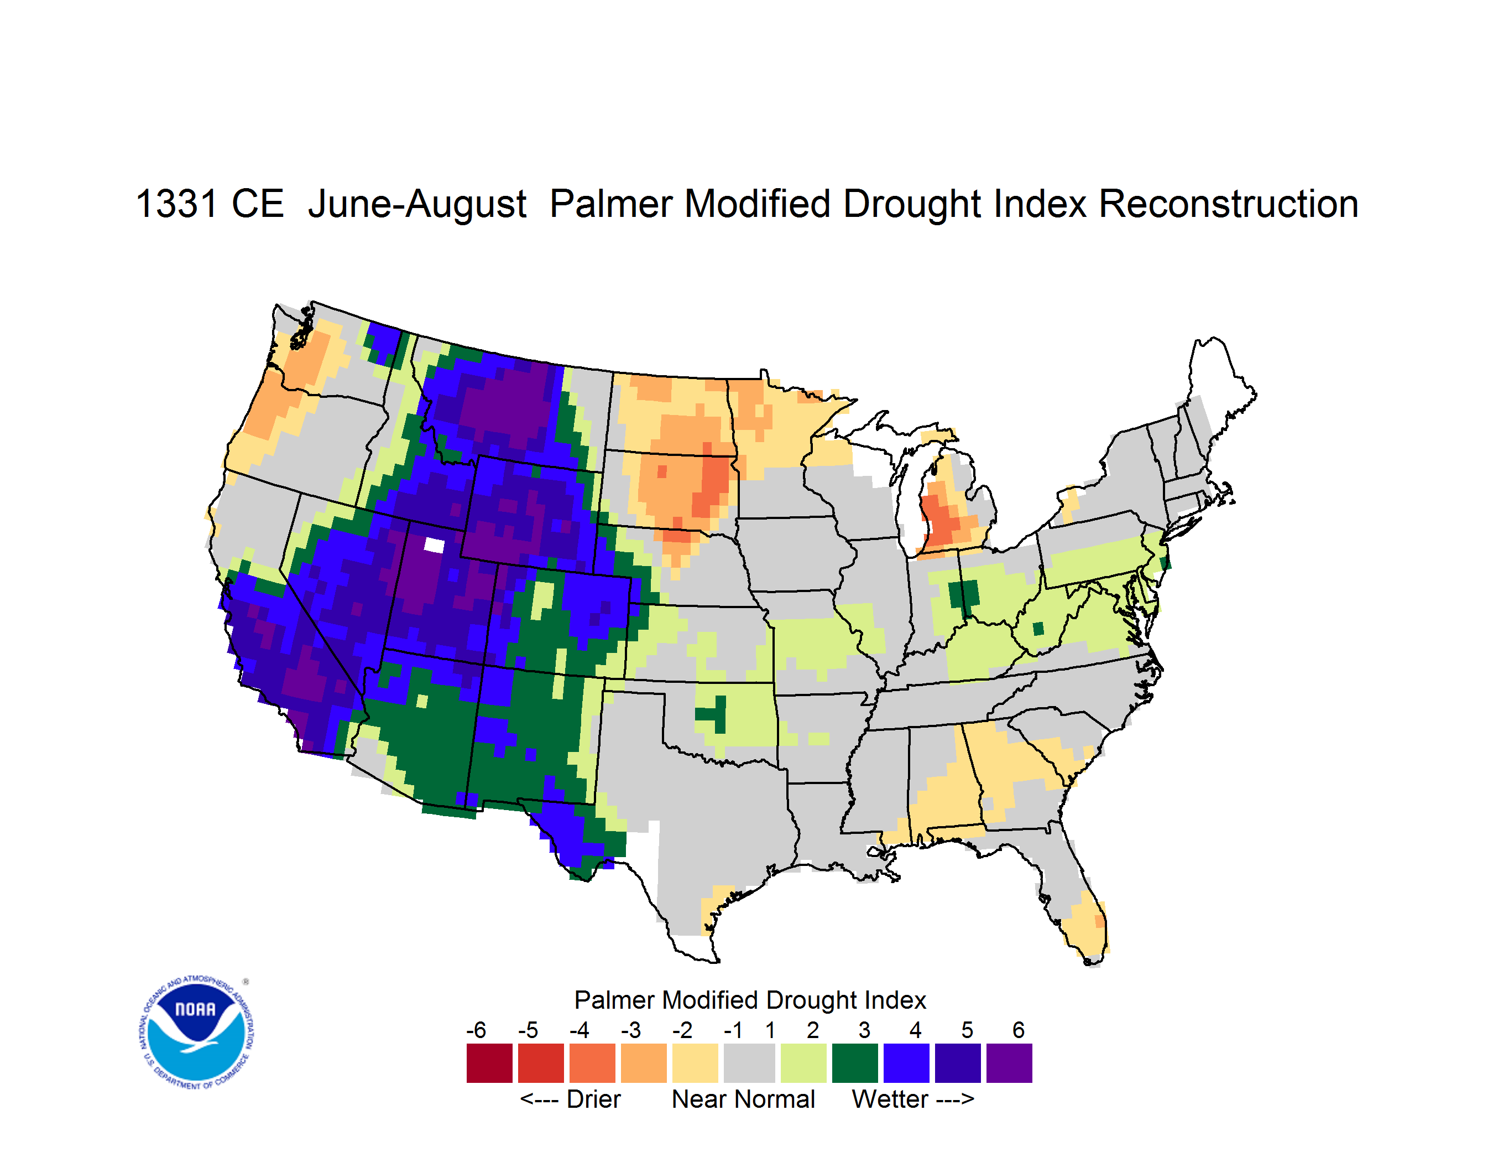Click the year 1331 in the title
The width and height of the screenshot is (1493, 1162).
point(176,204)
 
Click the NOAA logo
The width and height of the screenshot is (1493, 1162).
point(196,1033)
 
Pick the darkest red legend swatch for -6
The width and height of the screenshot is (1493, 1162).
point(489,1063)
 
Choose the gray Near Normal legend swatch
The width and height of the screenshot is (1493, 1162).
point(749,1063)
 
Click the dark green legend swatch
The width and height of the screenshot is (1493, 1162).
point(854,1063)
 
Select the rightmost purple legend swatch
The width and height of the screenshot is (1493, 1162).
point(1009,1063)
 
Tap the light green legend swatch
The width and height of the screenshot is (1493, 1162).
point(803,1063)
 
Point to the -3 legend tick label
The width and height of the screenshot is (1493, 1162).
point(631,1030)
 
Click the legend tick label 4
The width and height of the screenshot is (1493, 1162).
point(915,1030)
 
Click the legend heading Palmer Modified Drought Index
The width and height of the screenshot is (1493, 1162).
point(750,1000)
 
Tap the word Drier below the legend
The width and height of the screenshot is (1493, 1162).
point(593,1099)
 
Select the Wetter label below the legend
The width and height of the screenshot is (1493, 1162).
point(890,1099)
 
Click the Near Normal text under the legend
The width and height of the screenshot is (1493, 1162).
point(743,1099)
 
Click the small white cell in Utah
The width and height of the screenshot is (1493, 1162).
point(434,545)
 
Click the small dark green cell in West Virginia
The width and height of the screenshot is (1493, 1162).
point(1038,629)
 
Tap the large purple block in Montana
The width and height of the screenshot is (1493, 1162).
point(506,403)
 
